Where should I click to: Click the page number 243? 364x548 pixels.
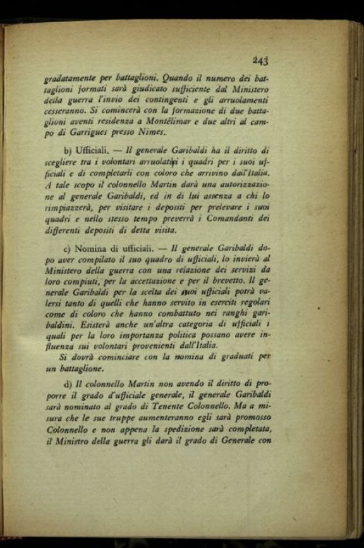coord(260,61)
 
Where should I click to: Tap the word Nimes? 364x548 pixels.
coord(150,133)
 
